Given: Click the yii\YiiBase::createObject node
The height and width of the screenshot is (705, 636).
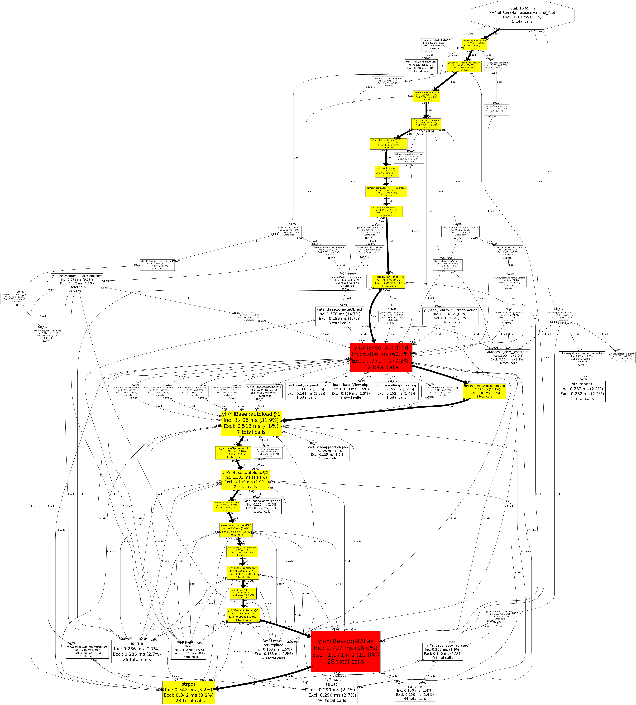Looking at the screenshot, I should click(x=339, y=316).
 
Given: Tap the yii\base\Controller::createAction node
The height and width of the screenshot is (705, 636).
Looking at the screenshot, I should click(x=450, y=316).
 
